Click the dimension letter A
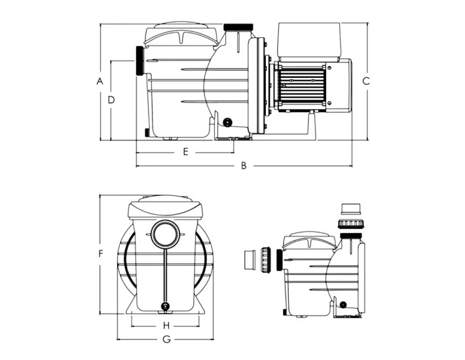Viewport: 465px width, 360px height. click(100, 81)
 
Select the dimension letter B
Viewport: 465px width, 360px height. click(243, 166)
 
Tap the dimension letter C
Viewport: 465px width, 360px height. click(366, 81)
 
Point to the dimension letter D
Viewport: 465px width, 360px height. click(111, 99)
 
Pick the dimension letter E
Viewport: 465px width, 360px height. click(185, 152)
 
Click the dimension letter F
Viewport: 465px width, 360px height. click(100, 253)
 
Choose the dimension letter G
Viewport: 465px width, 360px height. click(166, 339)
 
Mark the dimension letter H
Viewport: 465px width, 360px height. click(166, 325)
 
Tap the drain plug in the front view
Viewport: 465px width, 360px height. click(165, 306)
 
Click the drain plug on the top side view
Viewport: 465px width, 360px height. click(227, 122)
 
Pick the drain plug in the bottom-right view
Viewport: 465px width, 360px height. click(343, 304)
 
